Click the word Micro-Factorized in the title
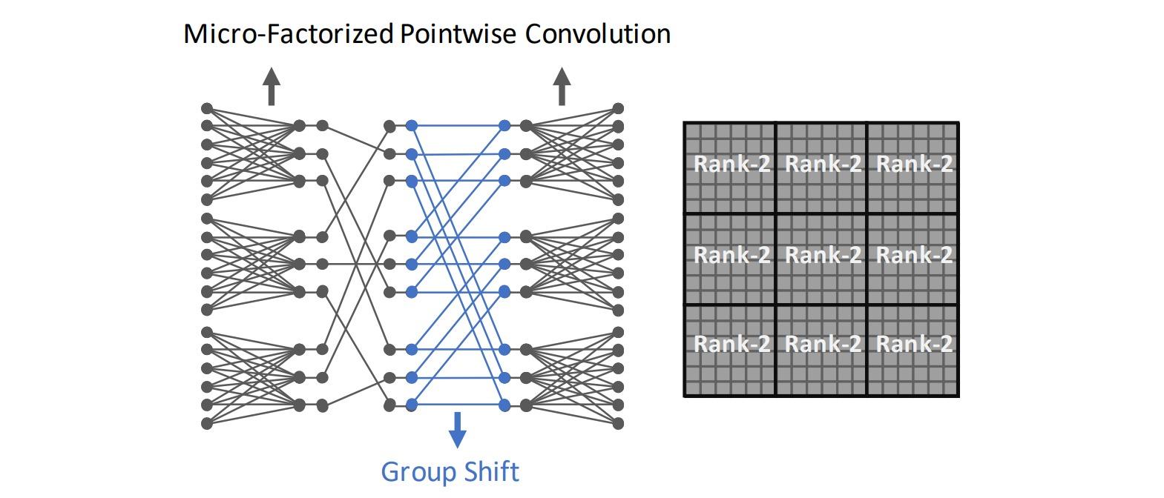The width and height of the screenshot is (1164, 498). (x=289, y=34)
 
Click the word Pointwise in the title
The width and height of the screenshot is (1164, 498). (x=458, y=34)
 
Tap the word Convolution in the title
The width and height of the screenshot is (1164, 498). (x=598, y=34)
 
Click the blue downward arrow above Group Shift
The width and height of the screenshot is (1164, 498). (x=457, y=430)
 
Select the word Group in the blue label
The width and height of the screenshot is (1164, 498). (x=419, y=473)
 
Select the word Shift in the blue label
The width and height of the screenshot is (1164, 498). (x=491, y=471)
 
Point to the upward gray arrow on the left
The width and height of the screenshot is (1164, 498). (x=272, y=86)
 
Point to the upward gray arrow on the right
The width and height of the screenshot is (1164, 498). (x=562, y=86)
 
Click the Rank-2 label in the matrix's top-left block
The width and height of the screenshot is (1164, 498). (x=732, y=164)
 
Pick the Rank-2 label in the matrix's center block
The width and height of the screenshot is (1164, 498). (x=823, y=254)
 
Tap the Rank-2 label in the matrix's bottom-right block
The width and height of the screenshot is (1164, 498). (x=915, y=343)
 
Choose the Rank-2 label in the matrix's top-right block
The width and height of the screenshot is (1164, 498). (x=915, y=164)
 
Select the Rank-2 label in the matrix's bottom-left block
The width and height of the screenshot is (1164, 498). (x=732, y=343)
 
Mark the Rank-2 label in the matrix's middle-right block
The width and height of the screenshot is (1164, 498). (x=915, y=254)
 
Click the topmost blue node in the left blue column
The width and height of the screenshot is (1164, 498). (x=412, y=126)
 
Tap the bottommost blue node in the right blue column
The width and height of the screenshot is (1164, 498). (x=504, y=405)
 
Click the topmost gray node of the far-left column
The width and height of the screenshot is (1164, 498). (x=207, y=108)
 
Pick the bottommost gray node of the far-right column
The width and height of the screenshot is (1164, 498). (x=618, y=424)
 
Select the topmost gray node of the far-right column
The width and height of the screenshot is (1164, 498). (x=618, y=108)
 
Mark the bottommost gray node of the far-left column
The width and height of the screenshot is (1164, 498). (x=207, y=424)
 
